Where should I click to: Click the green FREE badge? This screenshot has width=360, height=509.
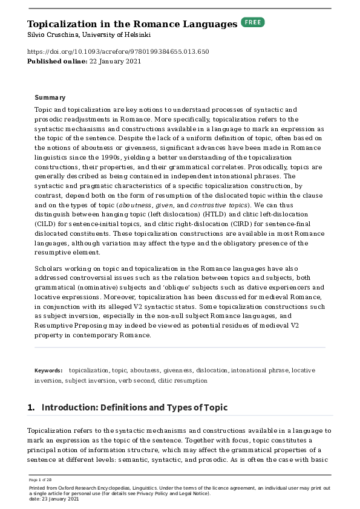253,22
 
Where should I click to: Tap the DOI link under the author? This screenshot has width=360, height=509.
118,51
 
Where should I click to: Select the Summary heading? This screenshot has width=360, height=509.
50,97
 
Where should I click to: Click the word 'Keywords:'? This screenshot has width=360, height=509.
48,370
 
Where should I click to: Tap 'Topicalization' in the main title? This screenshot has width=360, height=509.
62,24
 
